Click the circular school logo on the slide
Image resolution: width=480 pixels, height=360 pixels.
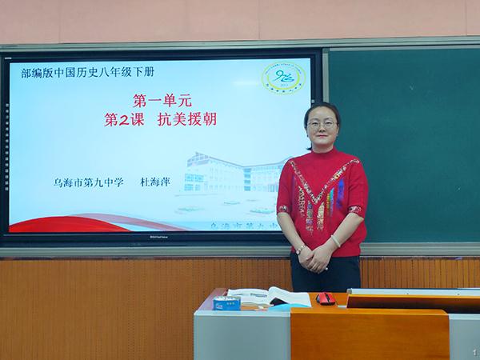284,78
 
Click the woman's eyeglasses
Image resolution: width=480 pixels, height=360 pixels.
320,124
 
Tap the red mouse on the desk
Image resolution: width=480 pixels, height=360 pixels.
326,298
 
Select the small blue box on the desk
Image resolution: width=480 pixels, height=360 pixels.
226,302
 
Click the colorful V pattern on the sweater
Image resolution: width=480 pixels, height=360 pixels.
319,196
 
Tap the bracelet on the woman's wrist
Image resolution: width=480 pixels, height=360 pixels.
335,241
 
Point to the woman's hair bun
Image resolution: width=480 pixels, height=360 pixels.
322,107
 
